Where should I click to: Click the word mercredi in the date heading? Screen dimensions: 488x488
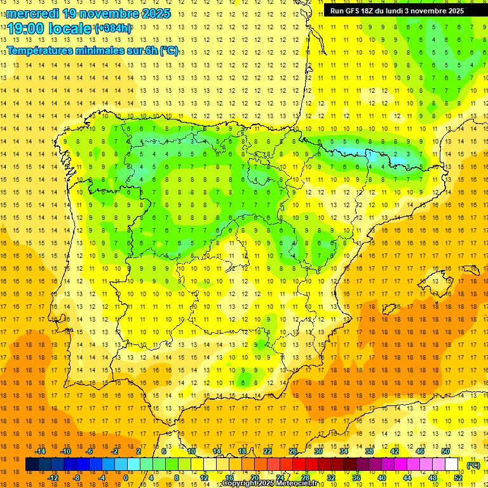click(x=32, y=13)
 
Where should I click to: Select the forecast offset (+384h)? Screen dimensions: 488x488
click(x=113, y=29)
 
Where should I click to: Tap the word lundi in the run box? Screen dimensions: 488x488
click(x=395, y=11)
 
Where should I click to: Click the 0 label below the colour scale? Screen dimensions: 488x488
click(x=125, y=478)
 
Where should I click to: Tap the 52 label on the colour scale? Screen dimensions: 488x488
click(x=458, y=478)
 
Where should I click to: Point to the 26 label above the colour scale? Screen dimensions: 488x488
click(x=293, y=451)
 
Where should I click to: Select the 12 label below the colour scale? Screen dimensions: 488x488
click(x=204, y=478)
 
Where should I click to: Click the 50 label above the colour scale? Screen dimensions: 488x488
click(x=445, y=451)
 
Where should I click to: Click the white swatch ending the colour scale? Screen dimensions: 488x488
click(x=452, y=464)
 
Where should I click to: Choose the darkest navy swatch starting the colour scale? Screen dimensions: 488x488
click(x=32, y=464)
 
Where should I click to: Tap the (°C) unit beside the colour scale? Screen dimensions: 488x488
click(x=473, y=465)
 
